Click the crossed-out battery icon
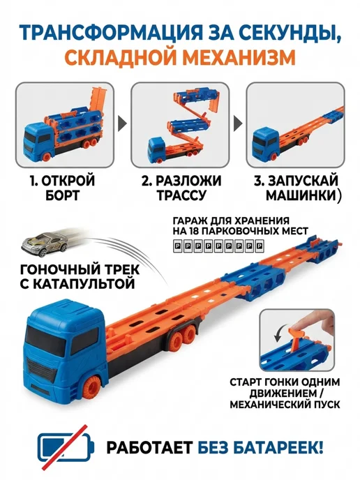[x=65, y=447]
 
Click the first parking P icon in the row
[x=177, y=246]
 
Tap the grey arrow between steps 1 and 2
[x=123, y=123]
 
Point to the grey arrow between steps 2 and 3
[x=238, y=123]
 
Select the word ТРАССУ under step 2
[x=181, y=195]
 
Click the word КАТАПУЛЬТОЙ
[x=77, y=284]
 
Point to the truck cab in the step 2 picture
[x=158, y=149]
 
